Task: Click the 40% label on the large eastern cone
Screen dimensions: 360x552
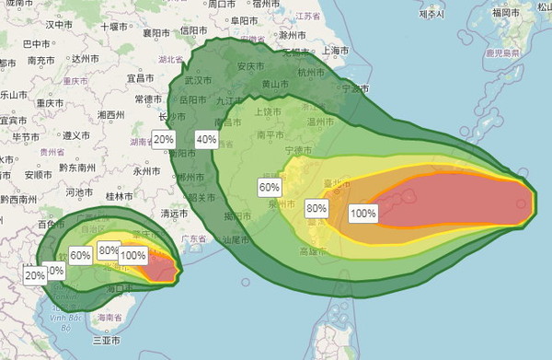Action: [x=206, y=140]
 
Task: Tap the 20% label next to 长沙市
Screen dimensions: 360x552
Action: [x=165, y=140]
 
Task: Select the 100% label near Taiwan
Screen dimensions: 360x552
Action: [x=362, y=214]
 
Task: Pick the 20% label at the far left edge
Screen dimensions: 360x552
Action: [x=35, y=274]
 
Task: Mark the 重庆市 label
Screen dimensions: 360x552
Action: [x=50, y=102]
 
